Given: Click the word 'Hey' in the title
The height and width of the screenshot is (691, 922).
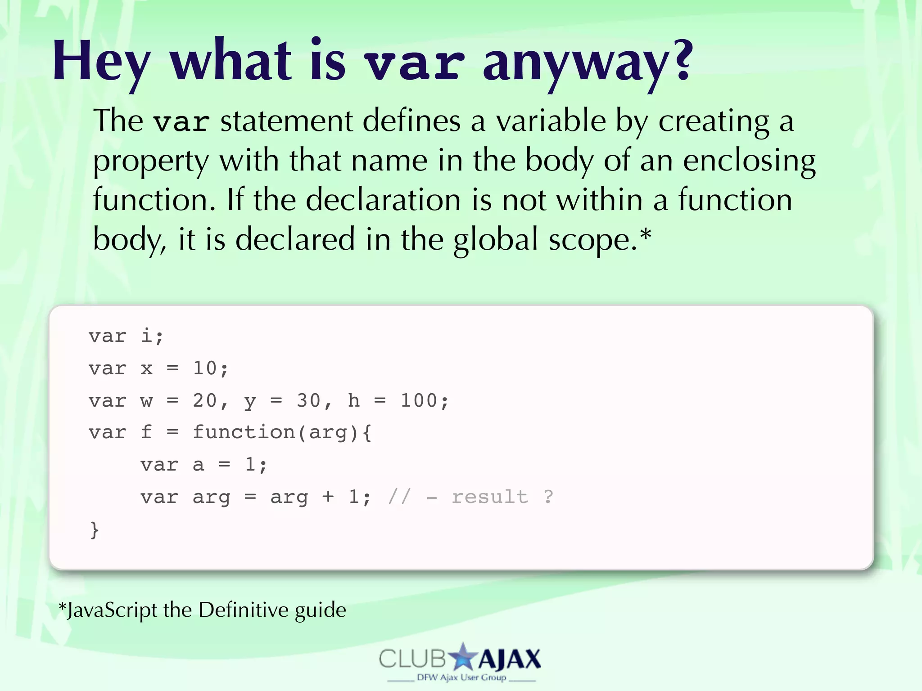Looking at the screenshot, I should pos(101,62).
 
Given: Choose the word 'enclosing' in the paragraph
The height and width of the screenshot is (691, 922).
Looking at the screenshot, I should pos(749,161).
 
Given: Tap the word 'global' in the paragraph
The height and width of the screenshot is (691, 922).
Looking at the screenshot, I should pos(495,239).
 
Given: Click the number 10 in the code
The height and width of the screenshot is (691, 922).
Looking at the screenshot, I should pos(205,368).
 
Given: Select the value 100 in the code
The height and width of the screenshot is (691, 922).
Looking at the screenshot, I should pos(419,401).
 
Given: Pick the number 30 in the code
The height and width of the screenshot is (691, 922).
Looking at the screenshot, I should pos(308,401).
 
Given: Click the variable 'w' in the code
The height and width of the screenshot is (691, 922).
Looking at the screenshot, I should pos(147,401).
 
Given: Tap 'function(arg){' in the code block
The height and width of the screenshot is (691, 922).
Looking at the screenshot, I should pos(282,433).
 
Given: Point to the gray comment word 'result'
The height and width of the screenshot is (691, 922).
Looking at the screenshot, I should pos(490,497).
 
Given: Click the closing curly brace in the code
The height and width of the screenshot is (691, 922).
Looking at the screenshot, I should pos(94,530).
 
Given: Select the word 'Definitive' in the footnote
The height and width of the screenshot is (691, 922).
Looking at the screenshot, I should pos(244,610).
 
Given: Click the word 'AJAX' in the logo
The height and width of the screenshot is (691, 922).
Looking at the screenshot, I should pos(509,660).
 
